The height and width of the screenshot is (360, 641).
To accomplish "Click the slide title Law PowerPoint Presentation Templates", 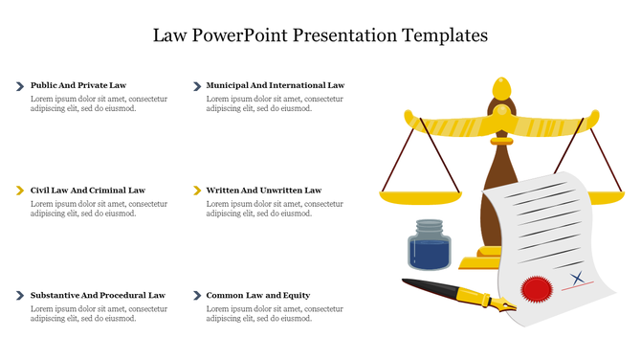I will click(320, 35).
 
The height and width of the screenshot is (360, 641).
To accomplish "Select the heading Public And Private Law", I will click(78, 85).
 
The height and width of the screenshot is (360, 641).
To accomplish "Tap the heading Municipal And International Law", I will click(275, 85).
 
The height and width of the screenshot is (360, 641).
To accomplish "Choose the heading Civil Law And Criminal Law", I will click(88, 191).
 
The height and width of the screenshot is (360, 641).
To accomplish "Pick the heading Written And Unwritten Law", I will click(263, 191).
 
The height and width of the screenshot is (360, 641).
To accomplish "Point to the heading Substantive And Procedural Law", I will click(98, 296).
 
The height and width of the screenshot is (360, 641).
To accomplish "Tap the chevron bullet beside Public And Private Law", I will click(20, 86).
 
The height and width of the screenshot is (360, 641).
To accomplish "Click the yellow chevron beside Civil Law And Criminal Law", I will click(20, 191).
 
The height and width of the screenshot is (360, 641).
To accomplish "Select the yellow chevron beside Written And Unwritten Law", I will click(196, 191).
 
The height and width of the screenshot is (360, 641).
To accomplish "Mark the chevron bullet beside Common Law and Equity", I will click(196, 296).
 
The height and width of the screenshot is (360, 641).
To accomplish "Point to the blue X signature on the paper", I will click(577, 279).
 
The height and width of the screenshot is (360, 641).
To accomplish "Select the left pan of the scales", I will click(413, 197).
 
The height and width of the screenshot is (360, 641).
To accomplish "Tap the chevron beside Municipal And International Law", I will click(196, 86).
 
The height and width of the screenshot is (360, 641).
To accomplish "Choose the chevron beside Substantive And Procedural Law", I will click(20, 296).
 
